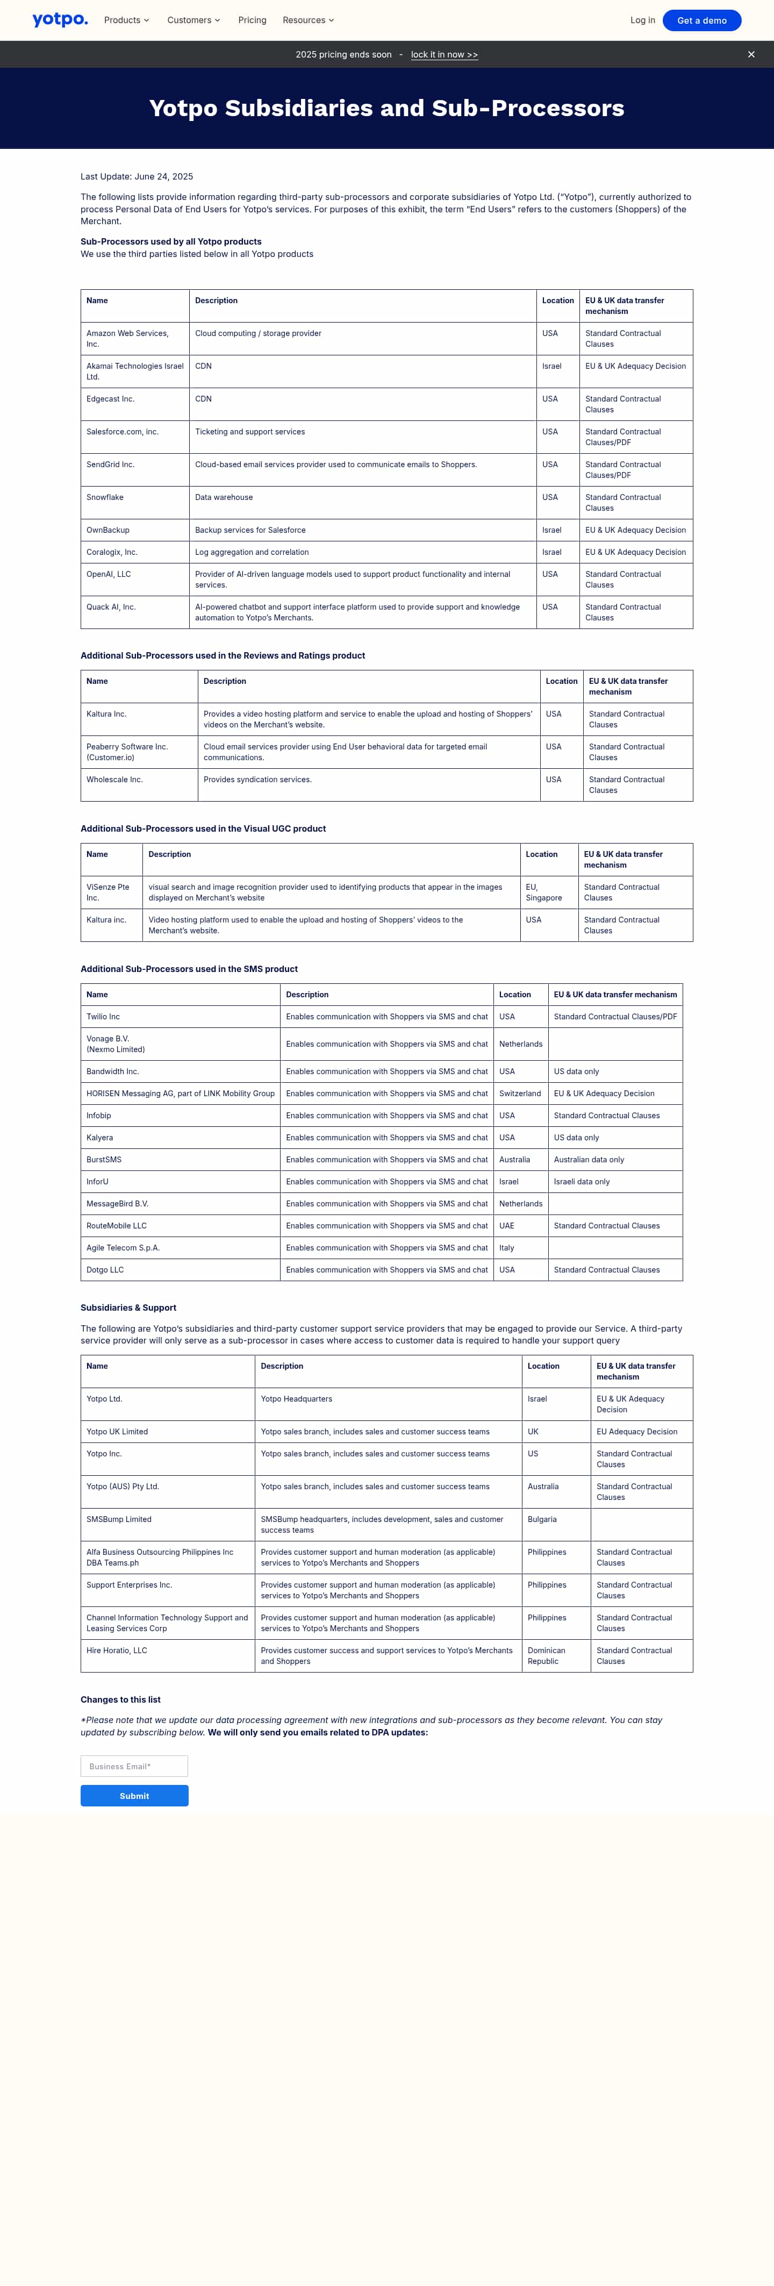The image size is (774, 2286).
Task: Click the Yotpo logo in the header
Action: tap(60, 19)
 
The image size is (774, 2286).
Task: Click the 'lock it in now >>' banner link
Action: tap(444, 55)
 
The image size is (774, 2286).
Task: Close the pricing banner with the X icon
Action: tap(751, 55)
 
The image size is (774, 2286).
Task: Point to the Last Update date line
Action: tap(137, 176)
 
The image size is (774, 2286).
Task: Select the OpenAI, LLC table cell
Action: tap(108, 574)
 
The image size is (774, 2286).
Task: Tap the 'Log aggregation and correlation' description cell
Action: tap(252, 552)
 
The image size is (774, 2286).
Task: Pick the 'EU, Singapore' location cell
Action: tap(543, 892)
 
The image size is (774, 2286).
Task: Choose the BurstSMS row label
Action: tap(104, 1160)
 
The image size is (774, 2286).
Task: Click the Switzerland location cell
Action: tap(519, 1094)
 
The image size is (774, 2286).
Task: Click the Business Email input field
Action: tap(134, 1766)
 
